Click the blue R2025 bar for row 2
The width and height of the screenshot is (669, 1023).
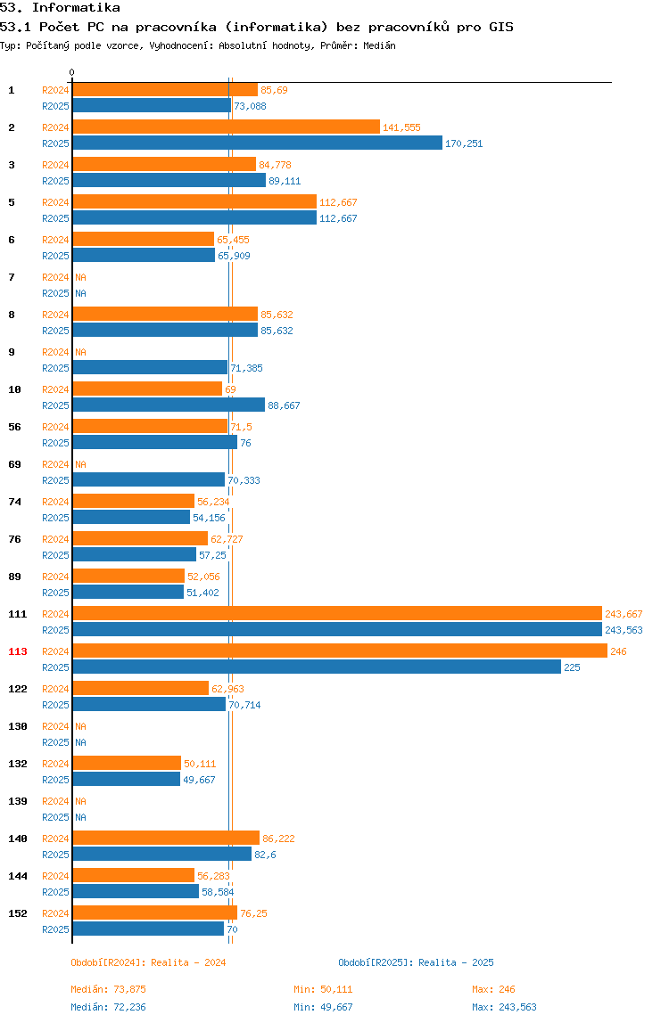pyautogui.click(x=258, y=143)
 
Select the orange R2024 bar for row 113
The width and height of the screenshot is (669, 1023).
pyautogui.click(x=340, y=651)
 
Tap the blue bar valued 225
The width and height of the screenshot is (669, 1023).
pyautogui.click(x=317, y=667)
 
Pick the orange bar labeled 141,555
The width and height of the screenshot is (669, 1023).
pyautogui.click(x=226, y=127)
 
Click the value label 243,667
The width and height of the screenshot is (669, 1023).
pyautogui.click(x=624, y=614)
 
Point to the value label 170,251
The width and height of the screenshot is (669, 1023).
pyautogui.click(x=464, y=143)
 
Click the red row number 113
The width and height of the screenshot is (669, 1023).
pyautogui.click(x=18, y=651)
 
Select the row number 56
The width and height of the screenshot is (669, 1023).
pyautogui.click(x=14, y=427)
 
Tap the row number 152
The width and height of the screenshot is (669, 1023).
pyautogui.click(x=18, y=913)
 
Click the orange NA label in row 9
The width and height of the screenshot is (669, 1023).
pyautogui.click(x=80, y=352)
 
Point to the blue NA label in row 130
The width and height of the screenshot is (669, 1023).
pyautogui.click(x=80, y=742)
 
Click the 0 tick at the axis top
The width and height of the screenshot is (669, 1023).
pyautogui.click(x=72, y=72)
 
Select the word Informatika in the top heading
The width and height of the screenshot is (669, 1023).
pyautogui.click(x=76, y=8)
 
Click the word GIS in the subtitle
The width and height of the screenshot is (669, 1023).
pyautogui.click(x=501, y=27)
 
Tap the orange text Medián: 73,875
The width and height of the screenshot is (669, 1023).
pyautogui.click(x=109, y=989)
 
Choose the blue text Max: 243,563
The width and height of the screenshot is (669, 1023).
pyautogui.click(x=504, y=1007)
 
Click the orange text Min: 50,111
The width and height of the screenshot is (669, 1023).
pyautogui.click(x=323, y=989)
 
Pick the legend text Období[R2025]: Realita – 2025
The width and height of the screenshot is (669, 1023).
pyautogui.click(x=417, y=962)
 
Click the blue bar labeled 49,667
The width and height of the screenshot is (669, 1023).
pyautogui.click(x=126, y=779)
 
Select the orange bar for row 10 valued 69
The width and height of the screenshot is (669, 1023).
pyautogui.click(x=147, y=389)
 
